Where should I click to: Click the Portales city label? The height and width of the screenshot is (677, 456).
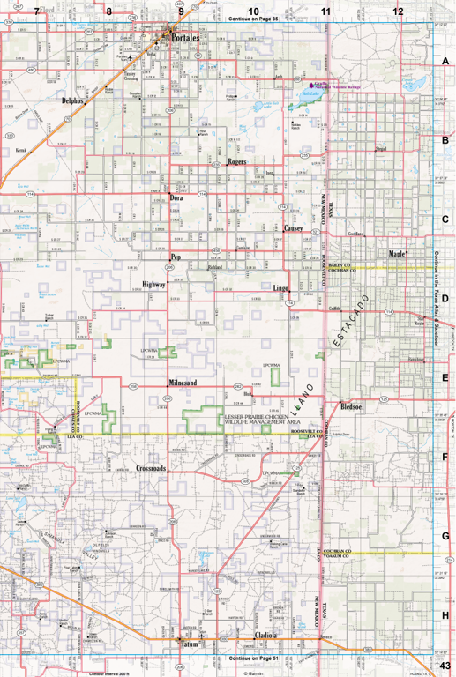click(186, 39)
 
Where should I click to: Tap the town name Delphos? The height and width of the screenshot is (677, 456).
click(73, 101)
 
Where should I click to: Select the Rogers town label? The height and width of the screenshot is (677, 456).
click(236, 162)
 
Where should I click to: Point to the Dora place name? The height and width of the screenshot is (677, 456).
click(176, 198)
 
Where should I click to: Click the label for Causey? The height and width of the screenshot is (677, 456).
click(294, 227)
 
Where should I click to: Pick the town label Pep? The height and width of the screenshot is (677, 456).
click(176, 257)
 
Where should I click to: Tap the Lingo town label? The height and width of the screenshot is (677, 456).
click(281, 288)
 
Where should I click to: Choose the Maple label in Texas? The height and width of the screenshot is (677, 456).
click(397, 254)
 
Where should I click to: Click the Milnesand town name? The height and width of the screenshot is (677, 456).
click(183, 383)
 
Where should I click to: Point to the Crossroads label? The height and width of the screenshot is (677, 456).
click(151, 468)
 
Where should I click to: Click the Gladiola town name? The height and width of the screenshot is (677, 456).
click(264, 636)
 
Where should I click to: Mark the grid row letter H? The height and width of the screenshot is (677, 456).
click(446, 615)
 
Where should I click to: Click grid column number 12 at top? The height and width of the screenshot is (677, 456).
click(398, 11)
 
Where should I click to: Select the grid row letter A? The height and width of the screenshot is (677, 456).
click(446, 61)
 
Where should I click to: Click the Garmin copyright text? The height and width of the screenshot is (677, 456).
click(253, 673)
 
